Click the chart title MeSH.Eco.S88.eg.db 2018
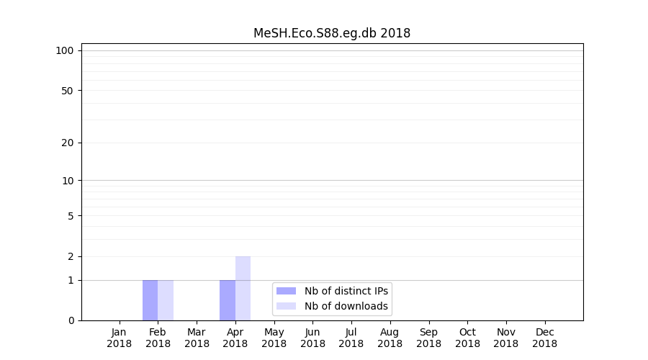pos(332,33)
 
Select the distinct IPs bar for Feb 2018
pos(150,300)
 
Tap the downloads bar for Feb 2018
pos(166,300)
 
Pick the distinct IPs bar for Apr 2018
pos(228,300)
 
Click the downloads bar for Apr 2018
pos(243,288)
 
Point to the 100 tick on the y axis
pos(65,50)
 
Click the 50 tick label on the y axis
pos(67,91)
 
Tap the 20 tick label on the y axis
pos(67,143)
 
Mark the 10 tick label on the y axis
pos(67,181)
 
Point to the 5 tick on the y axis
pos(71,216)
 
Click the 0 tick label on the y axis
pos(71,320)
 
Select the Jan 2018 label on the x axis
pos(120,338)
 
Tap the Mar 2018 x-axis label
pos(197,338)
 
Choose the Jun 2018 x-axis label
pos(312,338)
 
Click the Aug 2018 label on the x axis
pos(390,338)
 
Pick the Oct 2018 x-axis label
pos(467,338)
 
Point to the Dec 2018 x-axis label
pos(544,338)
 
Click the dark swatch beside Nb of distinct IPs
pos(286,291)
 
